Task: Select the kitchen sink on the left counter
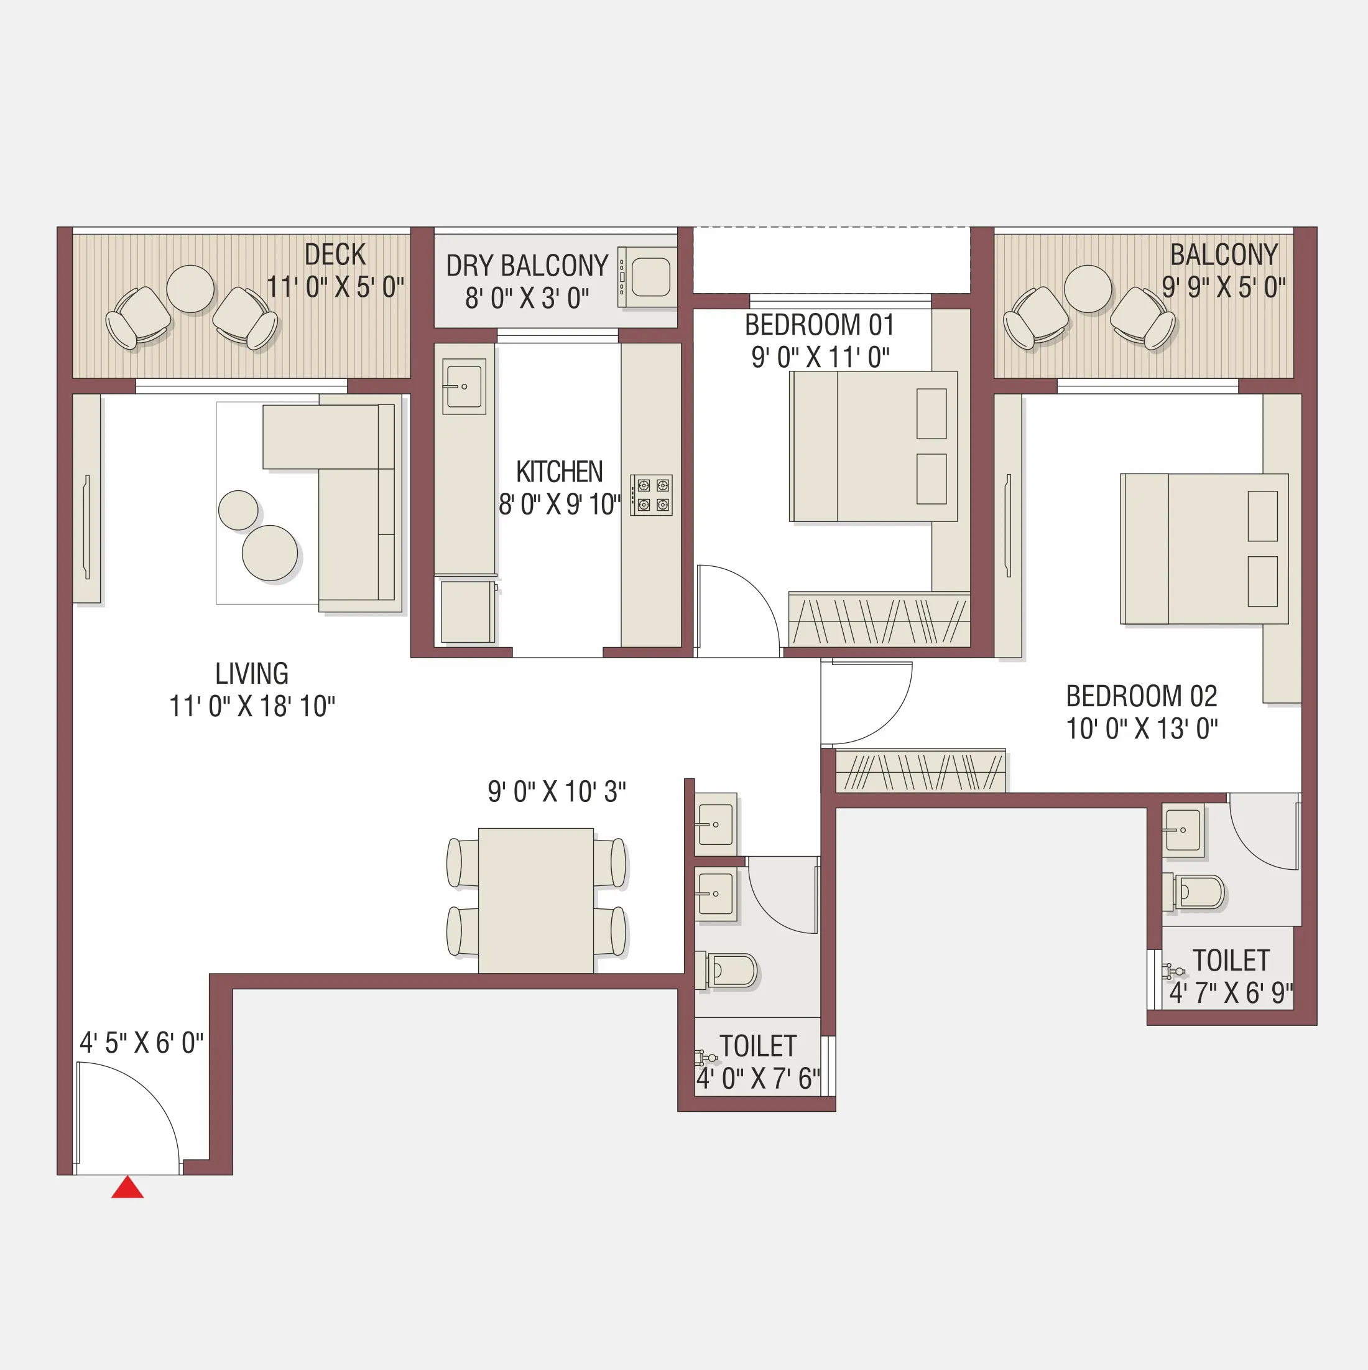click(x=464, y=386)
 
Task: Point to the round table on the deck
click(x=190, y=289)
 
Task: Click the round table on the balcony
click(x=1088, y=289)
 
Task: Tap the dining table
click(x=536, y=900)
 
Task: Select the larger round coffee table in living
click(x=269, y=553)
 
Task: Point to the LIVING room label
click(x=252, y=674)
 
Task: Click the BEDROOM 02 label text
click(x=1141, y=696)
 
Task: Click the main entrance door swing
click(x=127, y=1121)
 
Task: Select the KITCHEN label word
click(x=559, y=472)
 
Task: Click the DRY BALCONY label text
click(x=527, y=266)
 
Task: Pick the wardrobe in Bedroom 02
click(x=920, y=771)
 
